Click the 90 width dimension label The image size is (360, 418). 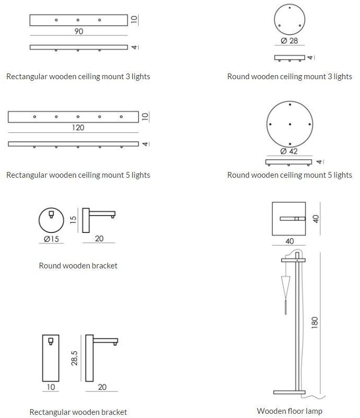click(79, 31)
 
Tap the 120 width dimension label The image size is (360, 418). click(78, 128)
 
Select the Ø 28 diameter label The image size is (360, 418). click(289, 41)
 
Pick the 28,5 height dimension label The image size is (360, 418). click(75, 358)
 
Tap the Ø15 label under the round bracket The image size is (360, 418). click(51, 239)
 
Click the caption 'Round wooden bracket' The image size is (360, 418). click(78, 266)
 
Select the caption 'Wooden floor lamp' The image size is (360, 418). click(290, 411)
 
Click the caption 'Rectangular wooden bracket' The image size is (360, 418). click(78, 412)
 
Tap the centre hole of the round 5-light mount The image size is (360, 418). click(289, 125)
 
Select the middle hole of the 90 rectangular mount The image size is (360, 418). click(78, 20)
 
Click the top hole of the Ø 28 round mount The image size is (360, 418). click(289, 8)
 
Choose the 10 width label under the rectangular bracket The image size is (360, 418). click(51, 387)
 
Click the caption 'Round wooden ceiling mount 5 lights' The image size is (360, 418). click(290, 175)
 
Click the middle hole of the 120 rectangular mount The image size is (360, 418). click(78, 117)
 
